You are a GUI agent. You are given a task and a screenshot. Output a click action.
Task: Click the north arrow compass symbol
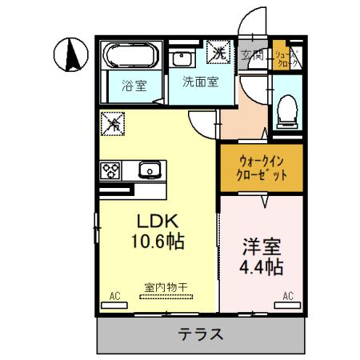(x=70, y=55)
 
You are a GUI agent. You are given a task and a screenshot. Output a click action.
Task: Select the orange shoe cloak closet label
(x=282, y=55)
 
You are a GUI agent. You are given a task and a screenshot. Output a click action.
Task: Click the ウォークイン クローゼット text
(x=259, y=166)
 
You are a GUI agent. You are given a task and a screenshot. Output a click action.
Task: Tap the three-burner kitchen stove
(x=110, y=170)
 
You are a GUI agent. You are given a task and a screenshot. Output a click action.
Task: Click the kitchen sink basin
(x=150, y=170)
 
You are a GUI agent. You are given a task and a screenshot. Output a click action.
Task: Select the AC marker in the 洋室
(x=287, y=295)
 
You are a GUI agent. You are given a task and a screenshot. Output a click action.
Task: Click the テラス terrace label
(x=200, y=334)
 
